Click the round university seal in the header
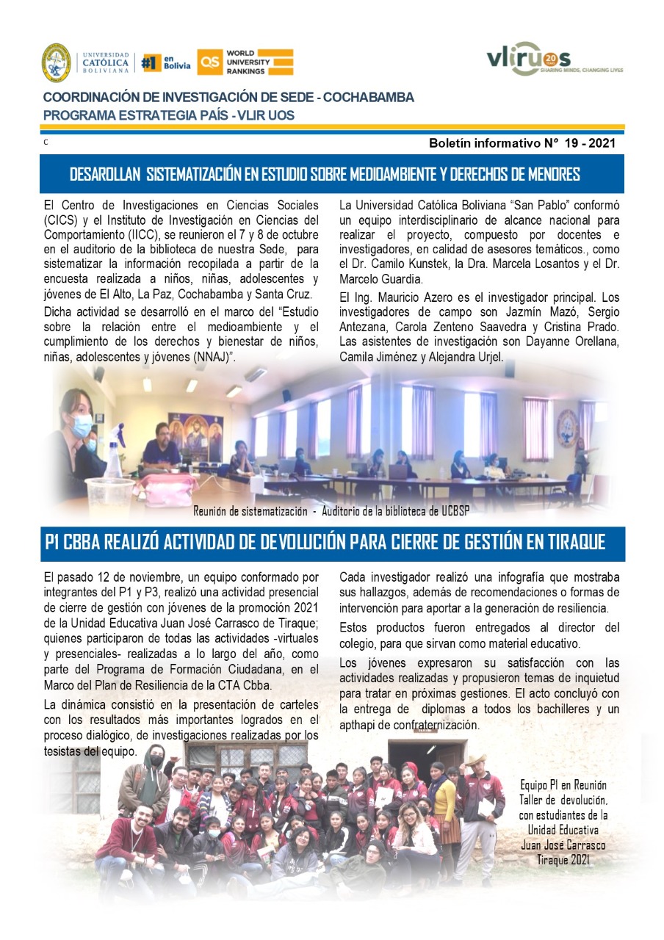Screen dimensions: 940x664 (56, 62)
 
